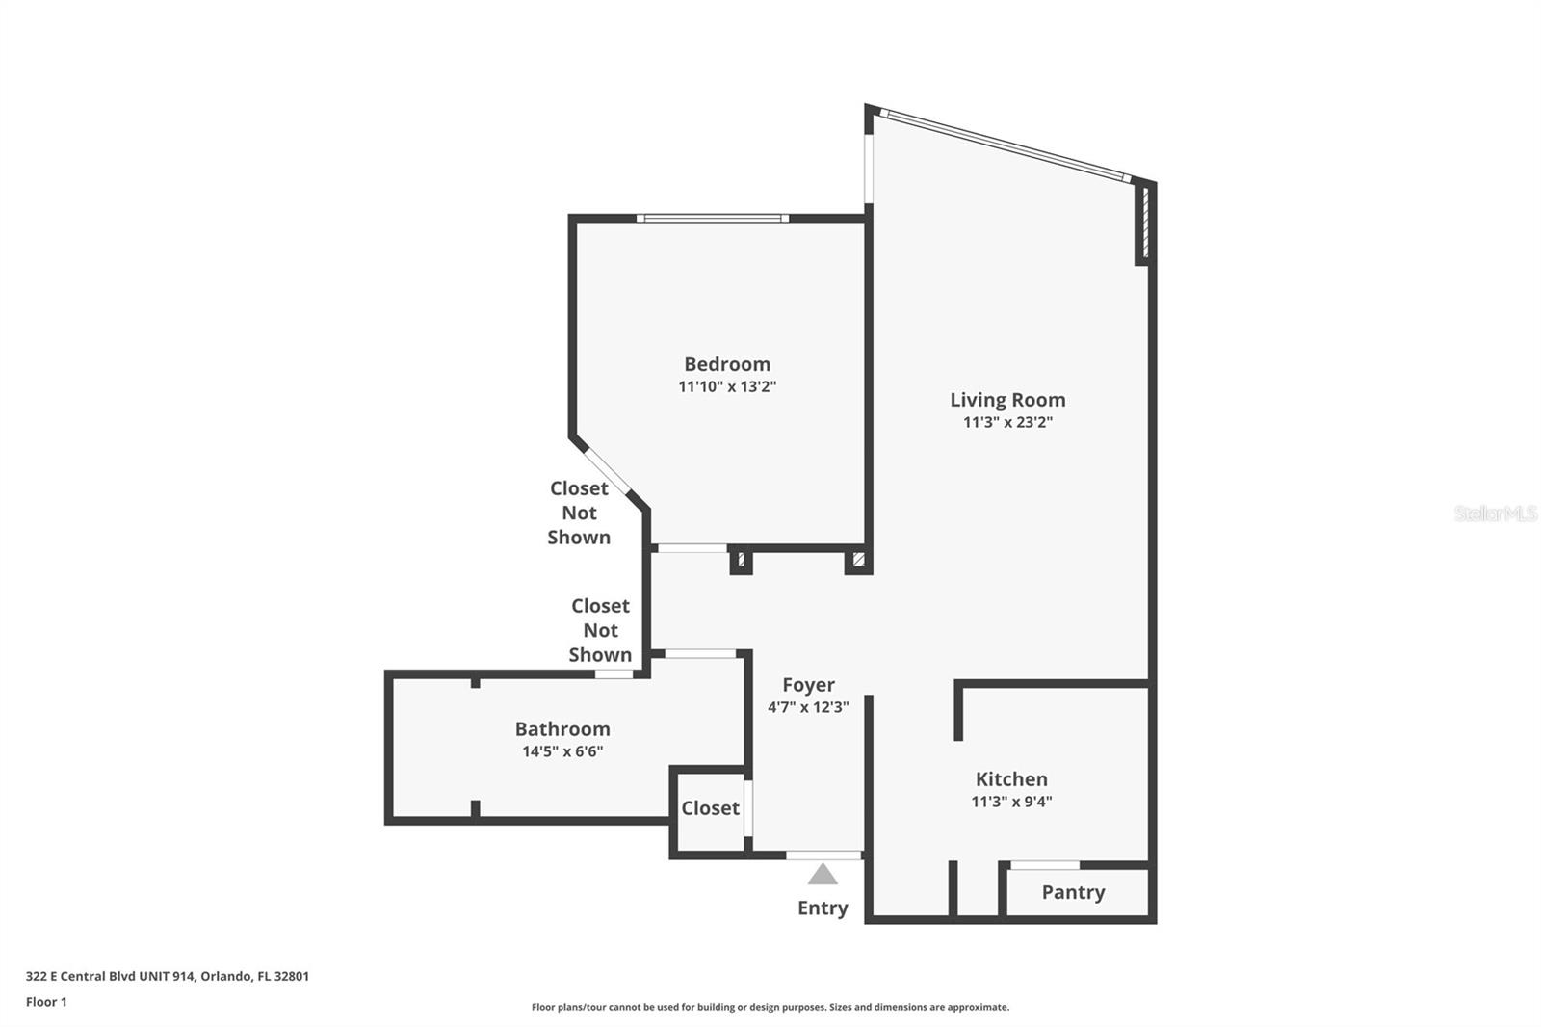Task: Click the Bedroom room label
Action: (727, 364)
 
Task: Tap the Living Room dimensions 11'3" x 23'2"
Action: (1007, 422)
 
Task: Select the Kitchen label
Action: (1011, 778)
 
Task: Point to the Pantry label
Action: (1073, 892)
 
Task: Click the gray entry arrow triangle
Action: (823, 875)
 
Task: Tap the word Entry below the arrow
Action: (823, 908)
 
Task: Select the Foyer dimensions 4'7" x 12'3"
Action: (808, 707)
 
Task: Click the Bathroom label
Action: (562, 729)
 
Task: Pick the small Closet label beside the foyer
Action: (710, 808)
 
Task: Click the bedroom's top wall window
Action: (712, 219)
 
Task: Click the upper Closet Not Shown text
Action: (579, 513)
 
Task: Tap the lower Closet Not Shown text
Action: (600, 630)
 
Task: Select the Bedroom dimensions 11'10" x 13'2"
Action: (727, 386)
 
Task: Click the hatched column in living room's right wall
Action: (1144, 223)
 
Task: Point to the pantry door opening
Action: (1044, 865)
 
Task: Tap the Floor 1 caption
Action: (46, 1002)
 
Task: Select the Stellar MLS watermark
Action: (1495, 513)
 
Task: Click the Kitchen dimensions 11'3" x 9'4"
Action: (1011, 802)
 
